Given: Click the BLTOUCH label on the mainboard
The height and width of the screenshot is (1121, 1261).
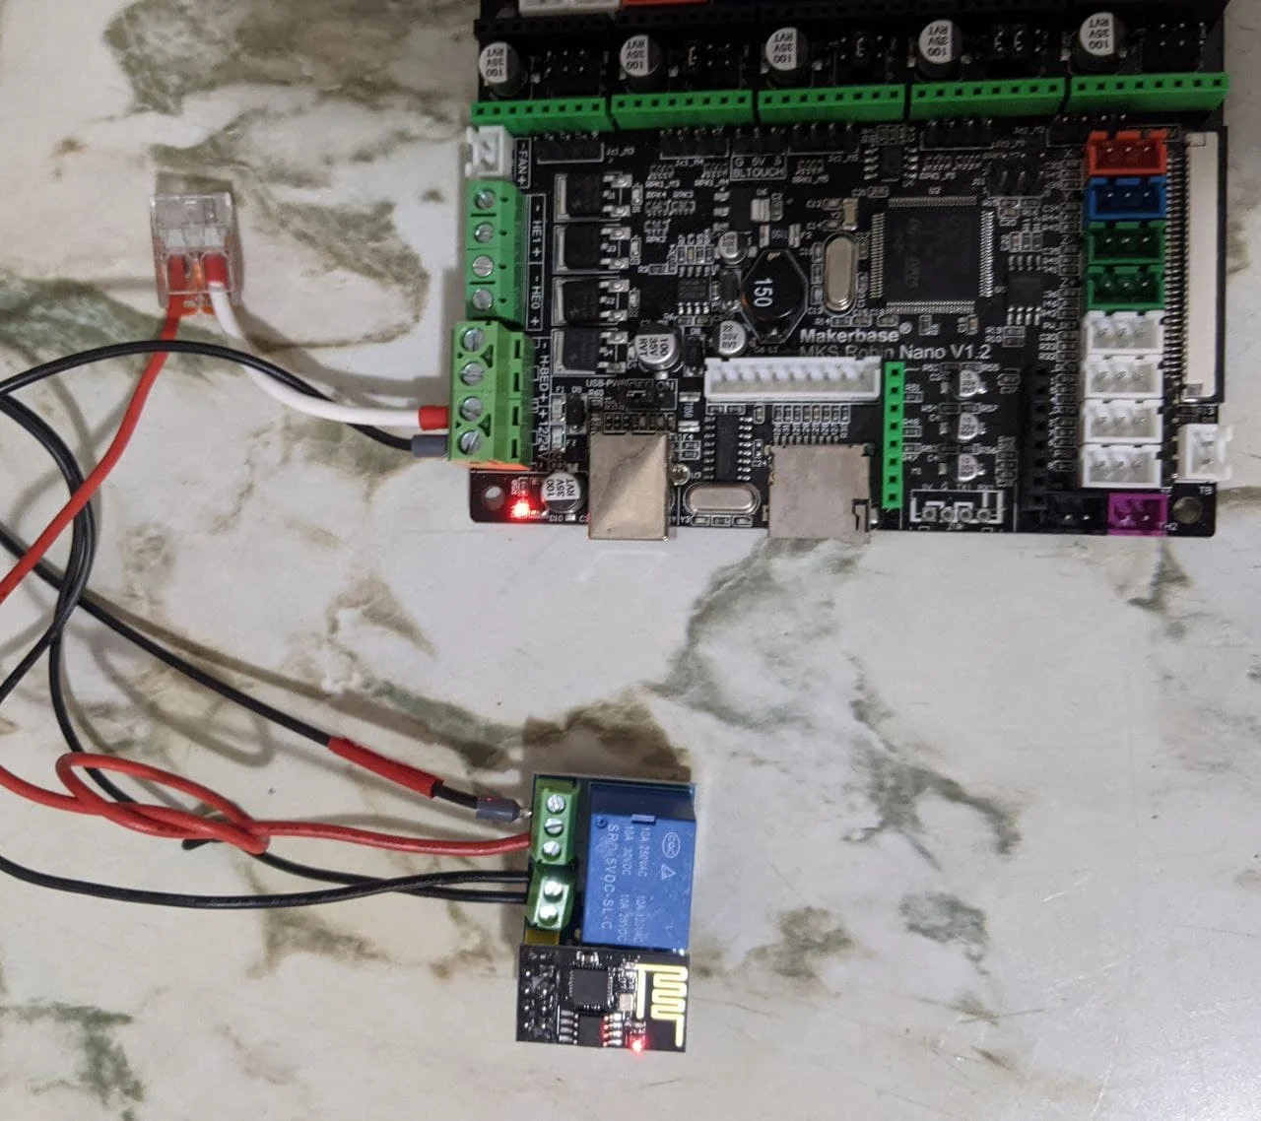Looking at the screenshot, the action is point(761,171).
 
